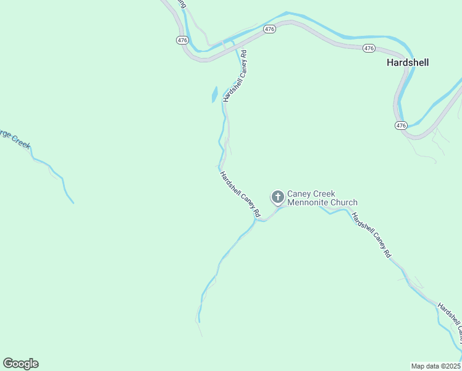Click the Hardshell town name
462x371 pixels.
(x=407, y=62)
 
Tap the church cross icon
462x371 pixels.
(x=278, y=197)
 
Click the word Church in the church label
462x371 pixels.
(x=343, y=202)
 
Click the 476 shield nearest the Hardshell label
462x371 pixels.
(x=369, y=48)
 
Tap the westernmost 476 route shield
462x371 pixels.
(x=182, y=40)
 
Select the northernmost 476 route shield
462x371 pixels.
(x=269, y=29)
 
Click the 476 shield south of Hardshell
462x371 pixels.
(x=401, y=125)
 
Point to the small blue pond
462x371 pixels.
(x=214, y=95)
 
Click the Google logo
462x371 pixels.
(x=20, y=364)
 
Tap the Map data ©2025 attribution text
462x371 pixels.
(x=435, y=365)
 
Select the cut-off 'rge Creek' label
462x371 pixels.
(x=14, y=139)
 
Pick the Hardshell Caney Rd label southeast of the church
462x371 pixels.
(x=372, y=235)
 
